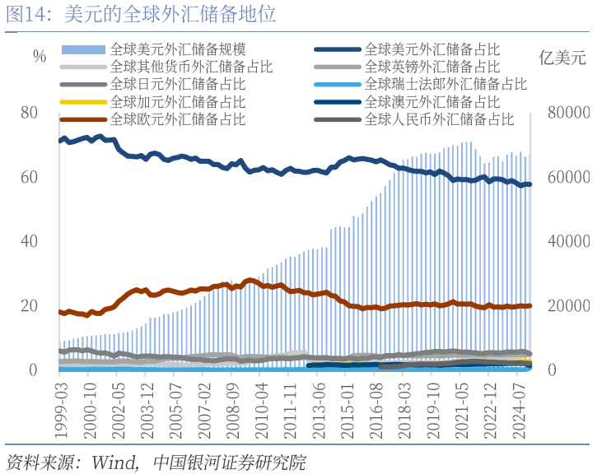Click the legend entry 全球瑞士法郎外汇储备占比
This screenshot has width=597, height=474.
coord(445,84)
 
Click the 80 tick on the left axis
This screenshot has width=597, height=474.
coord(30,113)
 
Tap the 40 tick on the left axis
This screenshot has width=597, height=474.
coord(30,241)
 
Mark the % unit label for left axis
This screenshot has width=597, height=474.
coord(40,57)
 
